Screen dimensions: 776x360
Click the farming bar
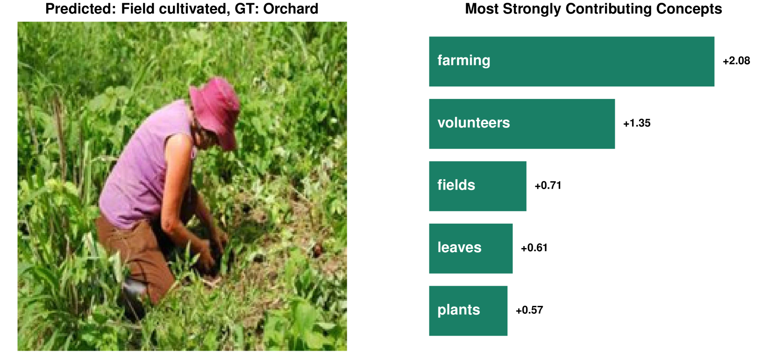pyautogui.click(x=572, y=61)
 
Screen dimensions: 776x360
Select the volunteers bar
pyautogui.click(x=522, y=124)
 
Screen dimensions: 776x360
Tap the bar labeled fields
pyautogui.click(x=478, y=186)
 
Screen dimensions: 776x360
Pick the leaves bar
pyautogui.click(x=471, y=248)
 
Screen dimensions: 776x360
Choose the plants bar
pyautogui.click(x=469, y=311)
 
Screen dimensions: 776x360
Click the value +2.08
pyautogui.click(x=736, y=61)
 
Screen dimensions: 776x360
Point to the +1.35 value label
pyautogui.click(x=637, y=123)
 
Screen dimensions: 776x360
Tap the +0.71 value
pyautogui.click(x=548, y=185)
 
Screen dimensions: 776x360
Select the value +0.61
pyautogui.click(x=534, y=248)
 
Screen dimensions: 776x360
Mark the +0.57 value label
pyautogui.click(x=529, y=310)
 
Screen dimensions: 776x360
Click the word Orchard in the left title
pyautogui.click(x=291, y=9)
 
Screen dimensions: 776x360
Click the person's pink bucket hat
pyautogui.click(x=215, y=111)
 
